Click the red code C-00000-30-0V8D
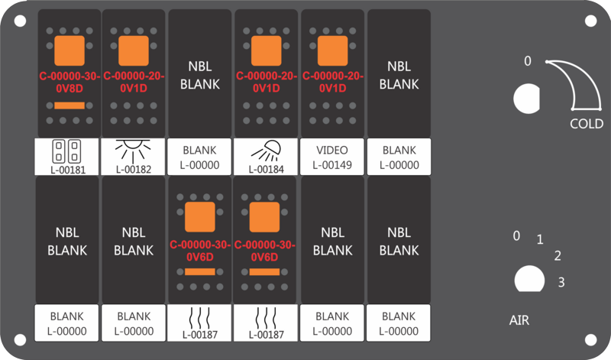coord(70,83)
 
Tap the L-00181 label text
coord(68,170)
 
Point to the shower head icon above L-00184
coord(266,151)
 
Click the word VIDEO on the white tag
coord(332,150)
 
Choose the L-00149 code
coord(332,165)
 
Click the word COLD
coord(587,124)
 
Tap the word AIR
coord(519,320)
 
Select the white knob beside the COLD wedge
coord(526,99)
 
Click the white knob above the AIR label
coord(529,279)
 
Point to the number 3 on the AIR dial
coord(561,282)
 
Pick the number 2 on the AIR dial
coord(558,256)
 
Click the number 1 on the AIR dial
coord(540,239)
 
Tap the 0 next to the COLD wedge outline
coord(528,61)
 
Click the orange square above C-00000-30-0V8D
coord(70,50)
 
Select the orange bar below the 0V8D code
coord(70,105)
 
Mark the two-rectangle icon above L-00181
coord(66,151)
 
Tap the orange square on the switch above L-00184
coord(266,50)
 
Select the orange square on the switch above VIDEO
coord(332,50)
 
